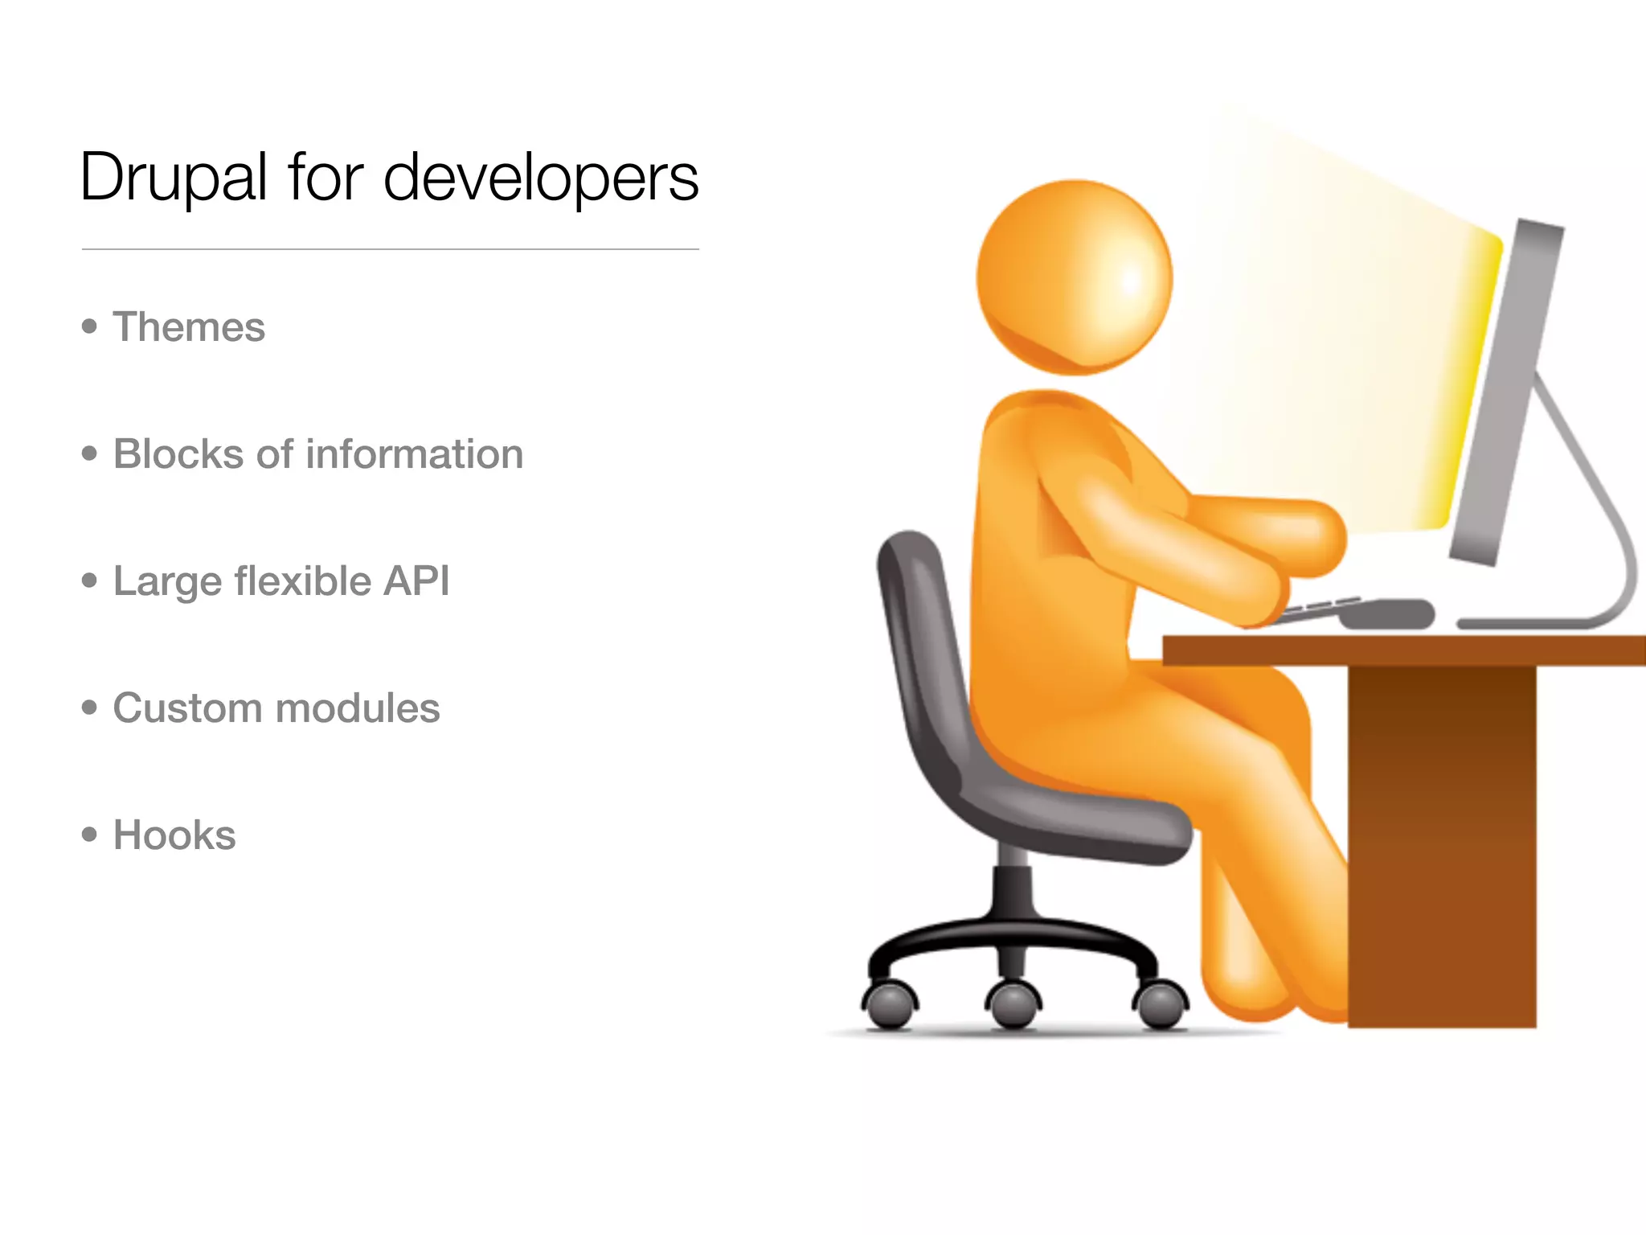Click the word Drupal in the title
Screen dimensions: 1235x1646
pos(174,178)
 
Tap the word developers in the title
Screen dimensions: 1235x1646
pos(541,178)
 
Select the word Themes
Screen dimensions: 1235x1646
pos(189,327)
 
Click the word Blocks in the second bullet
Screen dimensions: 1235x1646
pos(178,454)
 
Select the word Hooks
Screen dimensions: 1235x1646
pos(174,835)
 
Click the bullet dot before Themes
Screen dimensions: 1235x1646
pos(89,326)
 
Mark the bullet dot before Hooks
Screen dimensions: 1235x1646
pos(89,835)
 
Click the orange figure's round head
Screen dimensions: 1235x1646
pos(1075,277)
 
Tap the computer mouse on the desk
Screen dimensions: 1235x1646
pos(1387,613)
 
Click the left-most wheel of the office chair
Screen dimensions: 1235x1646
pos(890,1005)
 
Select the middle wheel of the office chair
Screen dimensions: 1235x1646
pos(1013,1005)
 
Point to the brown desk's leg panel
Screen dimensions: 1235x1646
pos(1442,844)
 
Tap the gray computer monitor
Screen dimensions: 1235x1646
pos(1505,394)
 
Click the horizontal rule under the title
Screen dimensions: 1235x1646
pos(390,249)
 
